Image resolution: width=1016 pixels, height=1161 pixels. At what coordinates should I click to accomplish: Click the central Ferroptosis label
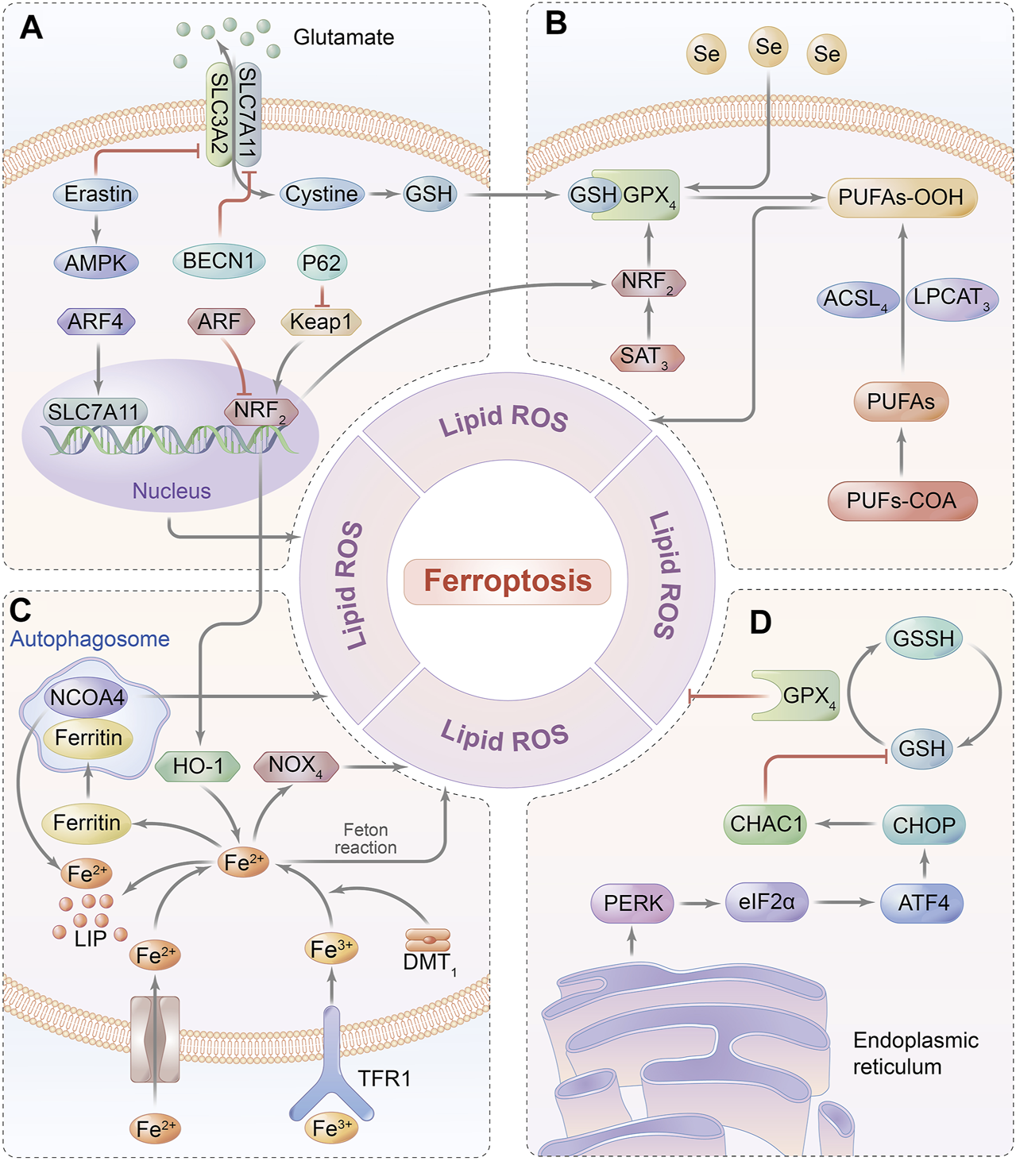[x=508, y=581]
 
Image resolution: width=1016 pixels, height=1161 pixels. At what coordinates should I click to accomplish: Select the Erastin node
[x=97, y=195]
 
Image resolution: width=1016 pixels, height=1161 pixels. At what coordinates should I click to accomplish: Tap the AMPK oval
[x=96, y=263]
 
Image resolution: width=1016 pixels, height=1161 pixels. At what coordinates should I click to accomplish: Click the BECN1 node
[x=218, y=261]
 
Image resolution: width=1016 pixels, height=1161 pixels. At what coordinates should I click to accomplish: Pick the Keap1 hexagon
[x=321, y=322]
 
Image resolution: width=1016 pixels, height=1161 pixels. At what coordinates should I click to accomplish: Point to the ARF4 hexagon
[x=96, y=322]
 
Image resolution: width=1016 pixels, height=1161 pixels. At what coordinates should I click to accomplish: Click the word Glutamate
[x=343, y=37]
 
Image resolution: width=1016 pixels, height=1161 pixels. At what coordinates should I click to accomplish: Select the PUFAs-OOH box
[x=902, y=198]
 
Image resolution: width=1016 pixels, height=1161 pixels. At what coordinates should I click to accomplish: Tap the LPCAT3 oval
[x=951, y=298]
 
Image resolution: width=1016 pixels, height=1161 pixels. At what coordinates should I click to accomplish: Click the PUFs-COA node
[x=902, y=501]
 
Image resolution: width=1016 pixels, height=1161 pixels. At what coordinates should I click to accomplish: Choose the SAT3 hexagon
[x=647, y=357]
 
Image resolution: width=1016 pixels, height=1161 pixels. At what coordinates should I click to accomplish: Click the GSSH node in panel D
[x=923, y=638]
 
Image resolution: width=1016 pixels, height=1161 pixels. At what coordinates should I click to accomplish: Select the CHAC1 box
[x=766, y=824]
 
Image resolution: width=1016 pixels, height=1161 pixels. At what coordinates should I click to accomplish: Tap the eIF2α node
[x=766, y=903]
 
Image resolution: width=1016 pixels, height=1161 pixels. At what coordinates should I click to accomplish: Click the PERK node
[x=633, y=904]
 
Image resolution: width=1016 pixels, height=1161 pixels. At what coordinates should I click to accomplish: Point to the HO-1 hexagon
[x=198, y=766]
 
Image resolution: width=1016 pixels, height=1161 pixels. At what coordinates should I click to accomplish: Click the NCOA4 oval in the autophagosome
[x=87, y=698]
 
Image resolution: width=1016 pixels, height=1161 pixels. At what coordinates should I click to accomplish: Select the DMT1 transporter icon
[x=428, y=941]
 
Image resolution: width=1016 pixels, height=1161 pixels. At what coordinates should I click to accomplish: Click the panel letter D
[x=760, y=623]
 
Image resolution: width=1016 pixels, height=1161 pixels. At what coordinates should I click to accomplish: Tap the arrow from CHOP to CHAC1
[x=844, y=824]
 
